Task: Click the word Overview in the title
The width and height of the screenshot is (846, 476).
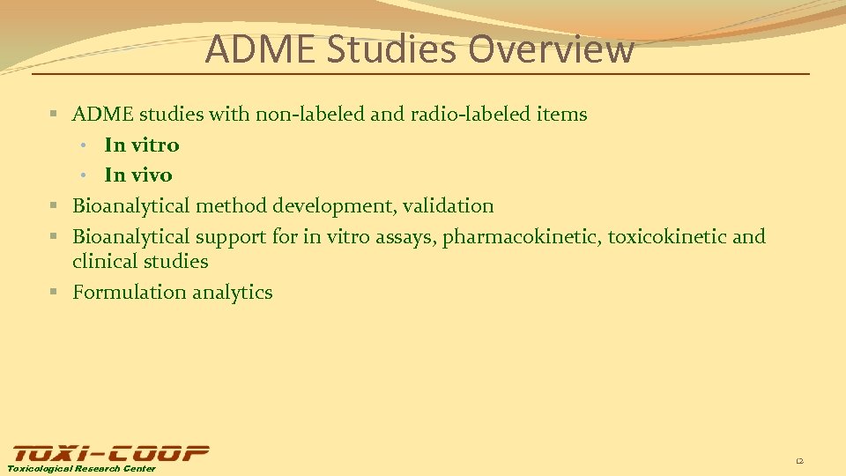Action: click(x=551, y=49)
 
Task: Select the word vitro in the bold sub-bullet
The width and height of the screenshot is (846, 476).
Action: click(x=155, y=145)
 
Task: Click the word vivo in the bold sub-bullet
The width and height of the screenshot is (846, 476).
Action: click(x=152, y=175)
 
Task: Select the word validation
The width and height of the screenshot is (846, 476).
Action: click(x=449, y=205)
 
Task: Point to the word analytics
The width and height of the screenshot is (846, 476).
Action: click(x=232, y=292)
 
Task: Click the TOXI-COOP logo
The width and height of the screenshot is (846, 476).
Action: click(x=109, y=453)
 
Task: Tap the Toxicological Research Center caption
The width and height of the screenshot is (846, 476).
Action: click(x=82, y=469)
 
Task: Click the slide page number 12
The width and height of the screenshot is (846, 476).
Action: click(x=799, y=461)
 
